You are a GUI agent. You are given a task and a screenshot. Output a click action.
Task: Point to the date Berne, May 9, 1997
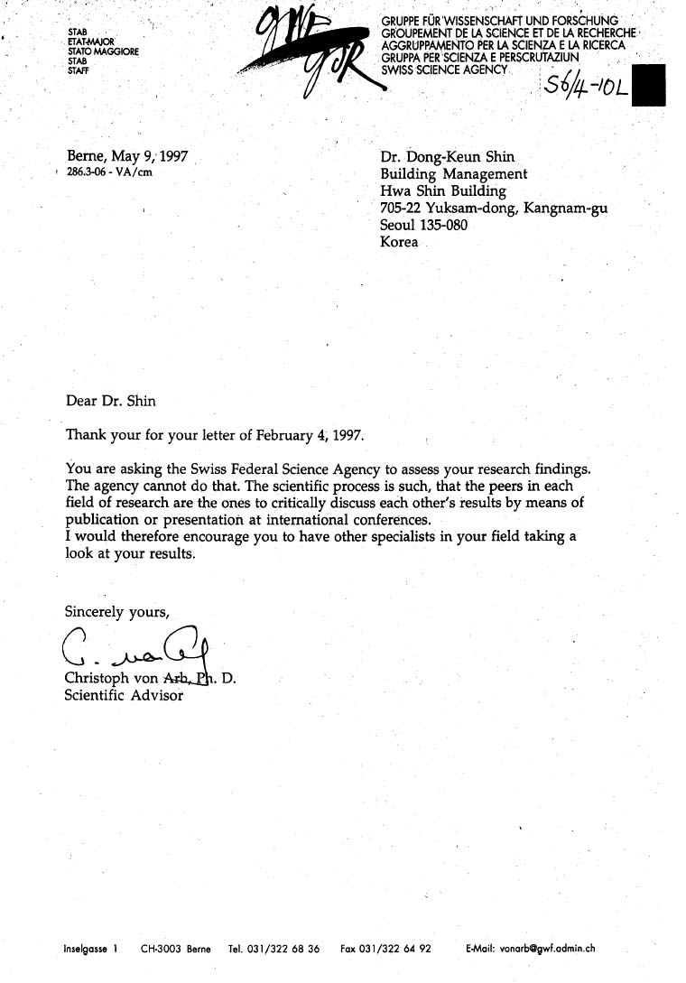coord(127,156)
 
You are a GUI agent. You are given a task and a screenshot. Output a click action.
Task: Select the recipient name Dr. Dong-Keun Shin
coord(448,158)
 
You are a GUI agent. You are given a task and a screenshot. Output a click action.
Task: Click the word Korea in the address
coord(400,242)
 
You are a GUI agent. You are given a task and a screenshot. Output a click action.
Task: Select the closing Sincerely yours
coord(116,612)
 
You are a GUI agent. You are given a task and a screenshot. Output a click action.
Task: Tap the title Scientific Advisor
coord(124,695)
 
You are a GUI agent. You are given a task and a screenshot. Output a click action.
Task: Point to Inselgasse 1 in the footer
coord(91,949)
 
